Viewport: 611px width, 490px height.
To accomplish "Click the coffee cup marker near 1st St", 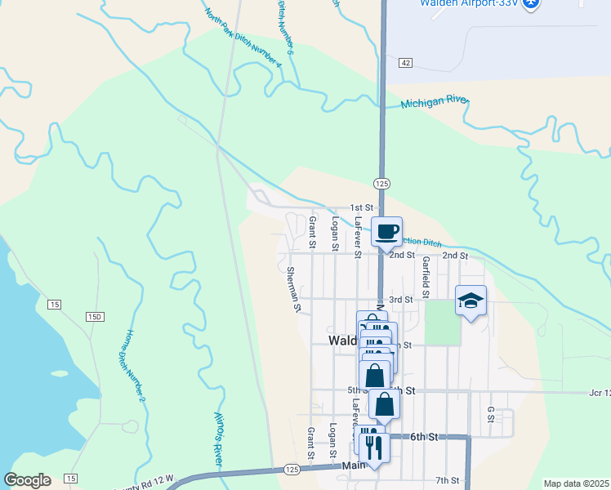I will [x=387, y=230].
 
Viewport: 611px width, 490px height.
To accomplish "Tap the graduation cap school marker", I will [x=471, y=301].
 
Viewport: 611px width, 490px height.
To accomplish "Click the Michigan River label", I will [x=435, y=102].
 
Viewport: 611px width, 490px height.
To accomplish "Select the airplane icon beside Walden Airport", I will [x=531, y=3].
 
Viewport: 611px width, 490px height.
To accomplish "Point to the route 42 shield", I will [x=405, y=63].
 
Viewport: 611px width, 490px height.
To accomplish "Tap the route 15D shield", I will [x=95, y=317].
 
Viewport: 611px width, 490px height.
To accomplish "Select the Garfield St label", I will [x=426, y=277].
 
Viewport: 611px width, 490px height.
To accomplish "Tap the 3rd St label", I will [x=400, y=300].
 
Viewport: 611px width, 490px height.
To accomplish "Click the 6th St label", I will [x=424, y=438].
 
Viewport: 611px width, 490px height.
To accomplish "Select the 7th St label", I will [x=448, y=479].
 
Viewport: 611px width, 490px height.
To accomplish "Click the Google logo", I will [x=27, y=480].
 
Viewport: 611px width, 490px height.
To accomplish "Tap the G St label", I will [x=491, y=414].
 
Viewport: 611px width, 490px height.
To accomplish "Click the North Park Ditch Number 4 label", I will [x=243, y=38].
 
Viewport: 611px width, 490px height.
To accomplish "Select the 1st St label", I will [x=361, y=208].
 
